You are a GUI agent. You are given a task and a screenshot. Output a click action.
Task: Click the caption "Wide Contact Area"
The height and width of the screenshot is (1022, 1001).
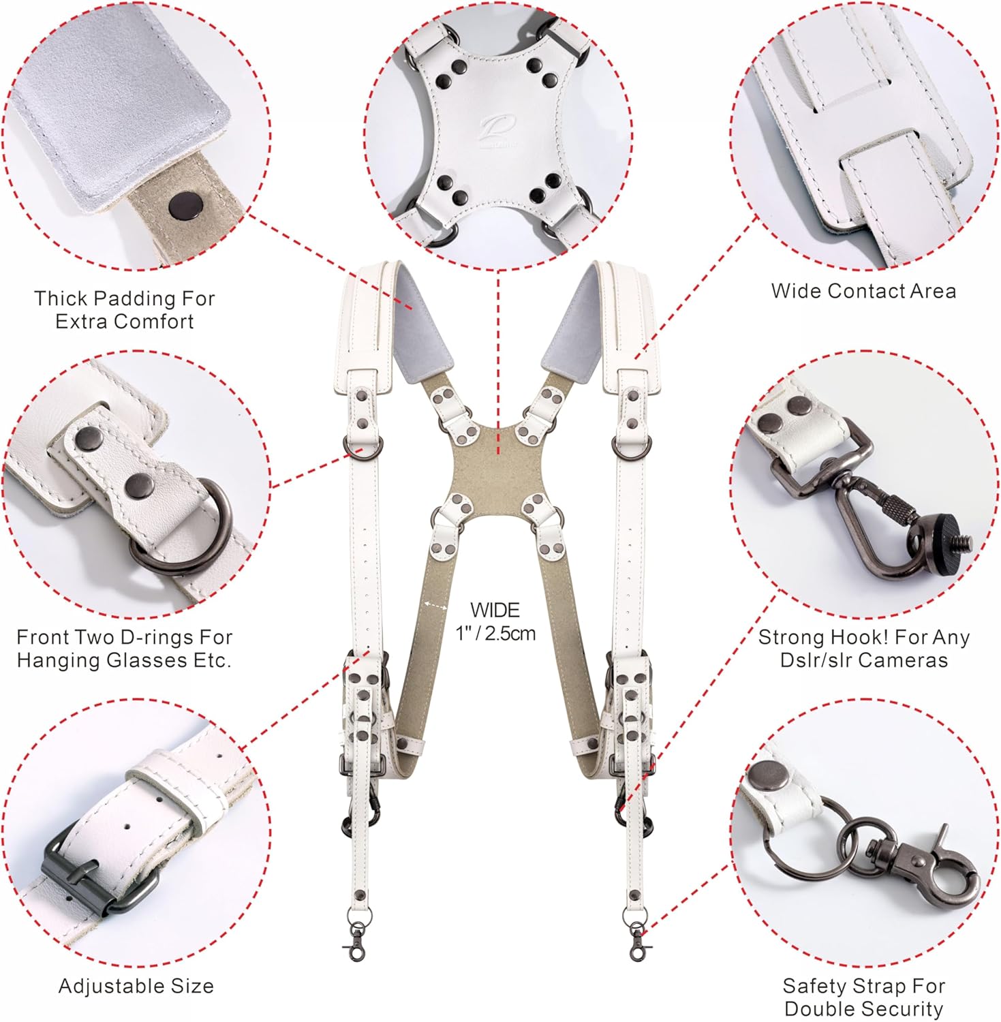point(863,292)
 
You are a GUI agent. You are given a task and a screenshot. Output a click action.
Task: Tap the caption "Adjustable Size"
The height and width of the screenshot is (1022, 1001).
point(136,986)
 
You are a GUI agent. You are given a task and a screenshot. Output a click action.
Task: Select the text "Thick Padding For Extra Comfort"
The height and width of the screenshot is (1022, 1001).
point(125,310)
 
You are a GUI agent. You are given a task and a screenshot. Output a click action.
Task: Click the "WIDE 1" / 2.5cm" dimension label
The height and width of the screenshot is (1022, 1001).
point(495,621)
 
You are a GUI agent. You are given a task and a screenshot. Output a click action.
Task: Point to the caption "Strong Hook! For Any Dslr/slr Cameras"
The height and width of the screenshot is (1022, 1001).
point(863,649)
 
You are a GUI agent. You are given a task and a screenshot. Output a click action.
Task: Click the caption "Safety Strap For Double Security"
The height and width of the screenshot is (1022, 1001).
point(863,997)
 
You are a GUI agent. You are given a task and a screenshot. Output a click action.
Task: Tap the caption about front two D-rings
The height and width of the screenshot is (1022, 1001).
point(125,649)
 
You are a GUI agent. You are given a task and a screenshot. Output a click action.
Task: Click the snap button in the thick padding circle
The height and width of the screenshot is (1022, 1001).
point(183,203)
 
